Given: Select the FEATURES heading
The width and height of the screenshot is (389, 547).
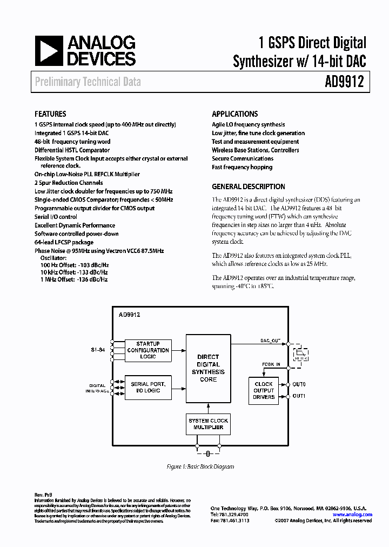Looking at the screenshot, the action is pyautogui.click(x=50, y=114).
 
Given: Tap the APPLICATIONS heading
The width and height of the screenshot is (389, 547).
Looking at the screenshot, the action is pyautogui.click(x=234, y=114).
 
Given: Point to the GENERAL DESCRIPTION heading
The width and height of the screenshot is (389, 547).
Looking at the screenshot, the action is pyautogui.click(x=249, y=186).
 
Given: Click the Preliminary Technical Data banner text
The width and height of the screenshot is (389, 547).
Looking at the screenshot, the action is pyautogui.click(x=88, y=82).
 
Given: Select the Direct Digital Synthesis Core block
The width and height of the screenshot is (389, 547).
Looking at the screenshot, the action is pyautogui.click(x=208, y=368).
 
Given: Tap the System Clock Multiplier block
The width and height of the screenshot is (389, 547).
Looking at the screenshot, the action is pyautogui.click(x=208, y=424).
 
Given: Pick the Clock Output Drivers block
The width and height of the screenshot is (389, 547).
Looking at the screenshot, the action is pyautogui.click(x=264, y=390).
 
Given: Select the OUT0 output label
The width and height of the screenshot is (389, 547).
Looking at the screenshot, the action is pyautogui.click(x=299, y=384).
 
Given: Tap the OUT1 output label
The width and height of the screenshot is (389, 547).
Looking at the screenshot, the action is pyautogui.click(x=299, y=396).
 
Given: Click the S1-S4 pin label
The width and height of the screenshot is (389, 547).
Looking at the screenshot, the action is pyautogui.click(x=98, y=350).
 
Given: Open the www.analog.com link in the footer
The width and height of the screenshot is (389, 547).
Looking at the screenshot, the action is pyautogui.click(x=352, y=515).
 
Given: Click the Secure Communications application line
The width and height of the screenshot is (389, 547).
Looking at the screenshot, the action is pyautogui.click(x=242, y=159).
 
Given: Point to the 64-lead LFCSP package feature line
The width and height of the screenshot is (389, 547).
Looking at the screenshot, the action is pyautogui.click(x=64, y=243).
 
